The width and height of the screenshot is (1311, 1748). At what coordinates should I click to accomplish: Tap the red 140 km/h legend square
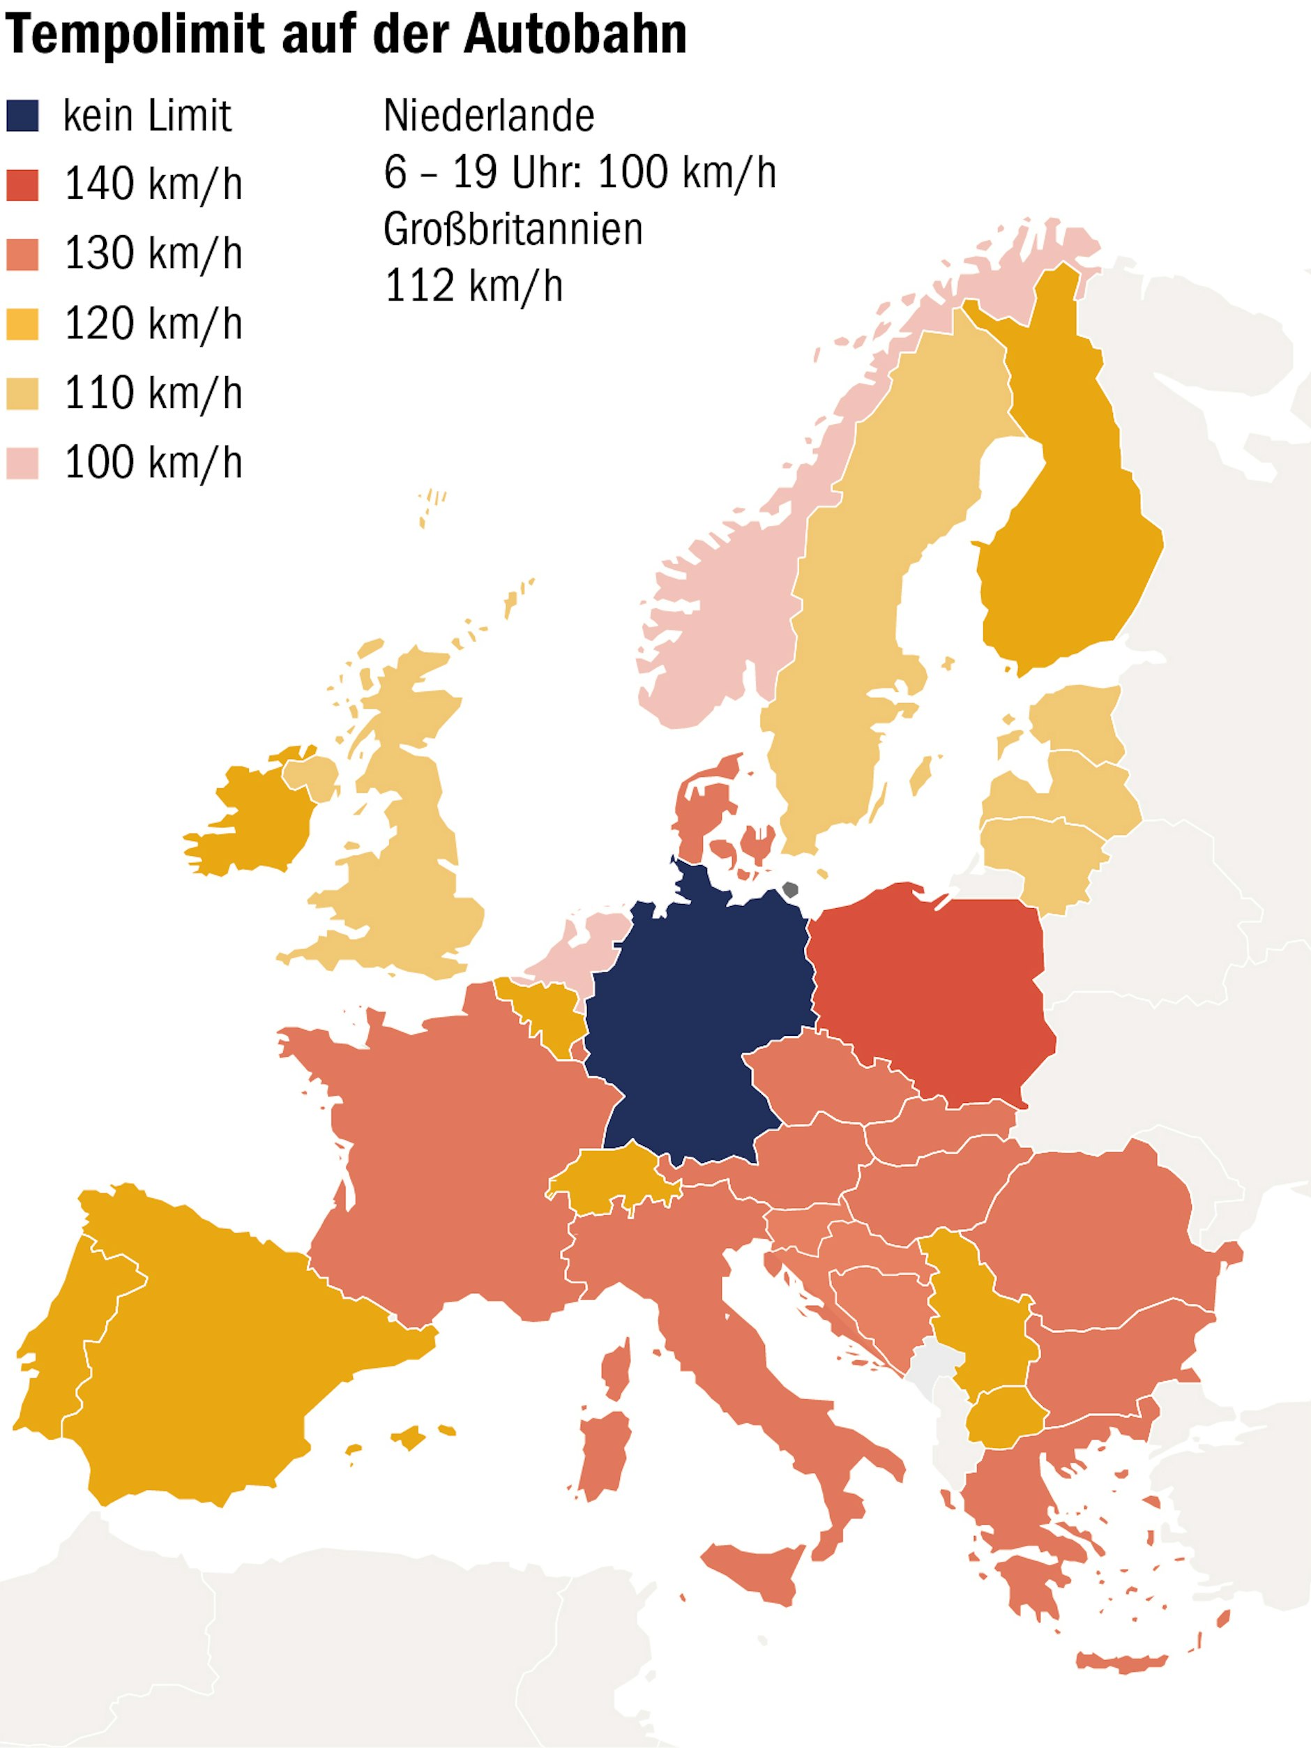coord(22,185)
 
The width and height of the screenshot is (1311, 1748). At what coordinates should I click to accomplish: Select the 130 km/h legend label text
coord(153,254)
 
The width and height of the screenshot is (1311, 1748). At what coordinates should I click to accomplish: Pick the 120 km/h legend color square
coord(22,323)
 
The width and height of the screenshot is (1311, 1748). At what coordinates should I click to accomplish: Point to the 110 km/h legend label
coord(153,393)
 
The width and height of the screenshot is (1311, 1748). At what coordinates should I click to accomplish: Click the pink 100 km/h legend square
coord(22,462)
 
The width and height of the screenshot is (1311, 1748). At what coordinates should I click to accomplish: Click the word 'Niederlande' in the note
coord(488,116)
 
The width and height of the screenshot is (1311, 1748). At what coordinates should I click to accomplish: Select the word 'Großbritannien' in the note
coord(513,229)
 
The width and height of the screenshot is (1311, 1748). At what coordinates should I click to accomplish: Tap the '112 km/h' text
coord(473,285)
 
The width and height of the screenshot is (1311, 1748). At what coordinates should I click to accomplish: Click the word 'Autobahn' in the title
coord(575,35)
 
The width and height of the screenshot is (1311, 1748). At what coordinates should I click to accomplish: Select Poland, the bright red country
coord(932,995)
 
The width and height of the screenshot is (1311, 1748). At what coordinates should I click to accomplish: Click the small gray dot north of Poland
coord(789,890)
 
